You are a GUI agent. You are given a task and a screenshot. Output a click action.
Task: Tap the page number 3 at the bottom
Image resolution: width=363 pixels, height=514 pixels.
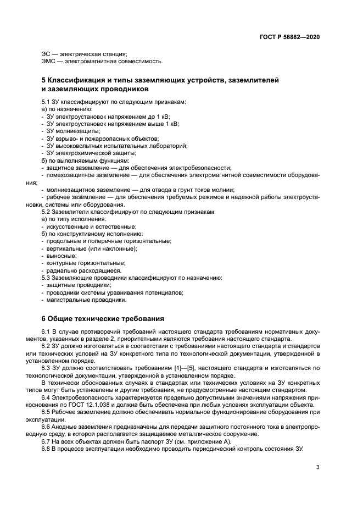point(317,467)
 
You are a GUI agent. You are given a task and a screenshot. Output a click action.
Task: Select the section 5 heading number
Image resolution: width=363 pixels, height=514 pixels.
point(44,81)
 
